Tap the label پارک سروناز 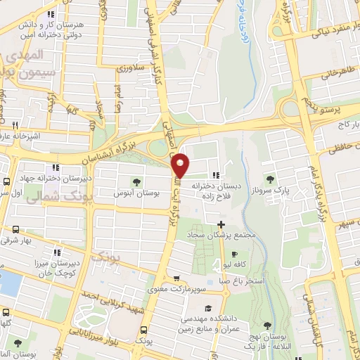coord(293,189)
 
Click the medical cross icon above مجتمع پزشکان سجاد coord(221,224)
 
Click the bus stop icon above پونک coord(144,330)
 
